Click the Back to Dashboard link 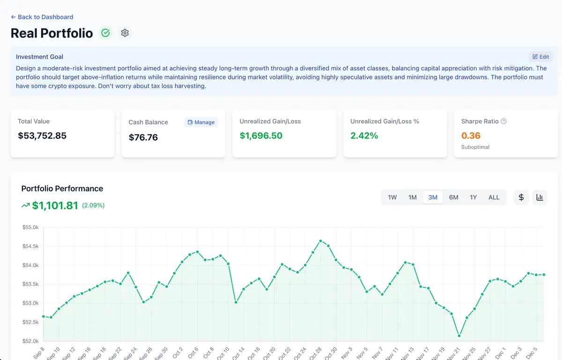42,17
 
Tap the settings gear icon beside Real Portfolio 125,33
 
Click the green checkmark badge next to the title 105,33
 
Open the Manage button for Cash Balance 201,122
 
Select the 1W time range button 392,197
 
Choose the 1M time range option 412,197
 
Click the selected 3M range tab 433,197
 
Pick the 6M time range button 453,197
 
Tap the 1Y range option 473,197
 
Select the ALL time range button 494,197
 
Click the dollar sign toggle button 521,197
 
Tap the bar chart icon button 540,197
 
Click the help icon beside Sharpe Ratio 504,121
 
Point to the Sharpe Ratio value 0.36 471,136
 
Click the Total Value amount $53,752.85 42,136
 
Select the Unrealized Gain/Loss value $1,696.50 261,136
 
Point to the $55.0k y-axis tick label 30,228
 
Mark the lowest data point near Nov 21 459,336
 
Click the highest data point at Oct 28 320,241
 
